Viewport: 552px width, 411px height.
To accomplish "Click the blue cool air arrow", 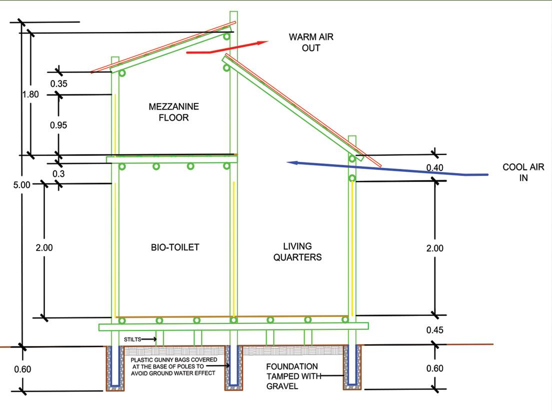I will [390, 168].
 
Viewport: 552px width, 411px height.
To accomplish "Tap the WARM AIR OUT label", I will [310, 42].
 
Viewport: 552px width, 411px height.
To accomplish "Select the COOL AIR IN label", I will [523, 172].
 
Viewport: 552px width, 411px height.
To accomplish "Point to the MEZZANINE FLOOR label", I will [173, 112].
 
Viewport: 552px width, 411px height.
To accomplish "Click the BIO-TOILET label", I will [175, 247].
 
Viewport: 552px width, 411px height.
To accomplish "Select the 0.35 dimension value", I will [58, 83].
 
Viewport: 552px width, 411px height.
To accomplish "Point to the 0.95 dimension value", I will [58, 125].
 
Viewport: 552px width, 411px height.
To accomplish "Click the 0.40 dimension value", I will [434, 168].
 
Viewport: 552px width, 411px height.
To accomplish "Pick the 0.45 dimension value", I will [434, 330].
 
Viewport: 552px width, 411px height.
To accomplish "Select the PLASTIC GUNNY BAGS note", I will [173, 366].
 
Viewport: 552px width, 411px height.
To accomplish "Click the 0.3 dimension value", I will [59, 173].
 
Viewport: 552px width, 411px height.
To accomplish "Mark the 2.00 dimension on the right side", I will [434, 248].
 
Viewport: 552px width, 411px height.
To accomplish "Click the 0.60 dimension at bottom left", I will [23, 369].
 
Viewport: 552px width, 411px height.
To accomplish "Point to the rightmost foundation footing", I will [352, 367].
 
